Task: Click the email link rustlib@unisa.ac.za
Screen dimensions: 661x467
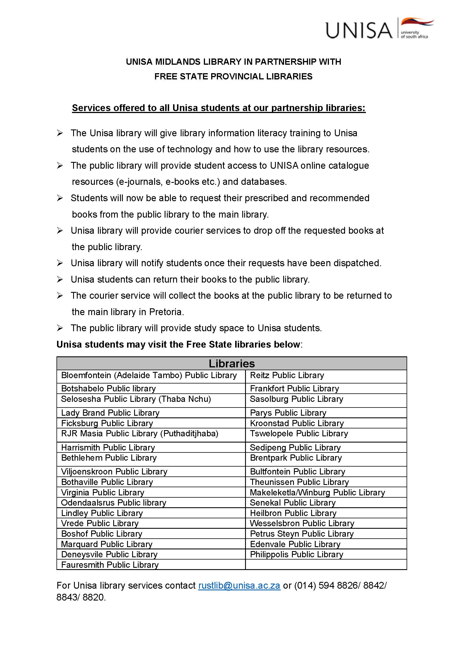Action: [x=239, y=585]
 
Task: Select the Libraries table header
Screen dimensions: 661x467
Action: [x=232, y=363]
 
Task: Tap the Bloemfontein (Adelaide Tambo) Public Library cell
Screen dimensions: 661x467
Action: [x=149, y=375]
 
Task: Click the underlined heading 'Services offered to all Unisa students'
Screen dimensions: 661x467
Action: [x=219, y=108]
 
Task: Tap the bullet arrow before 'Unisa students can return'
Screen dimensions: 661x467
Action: [x=60, y=279]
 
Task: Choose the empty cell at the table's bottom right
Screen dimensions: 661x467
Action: [x=326, y=565]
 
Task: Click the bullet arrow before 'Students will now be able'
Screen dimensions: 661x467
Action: [x=60, y=198]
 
